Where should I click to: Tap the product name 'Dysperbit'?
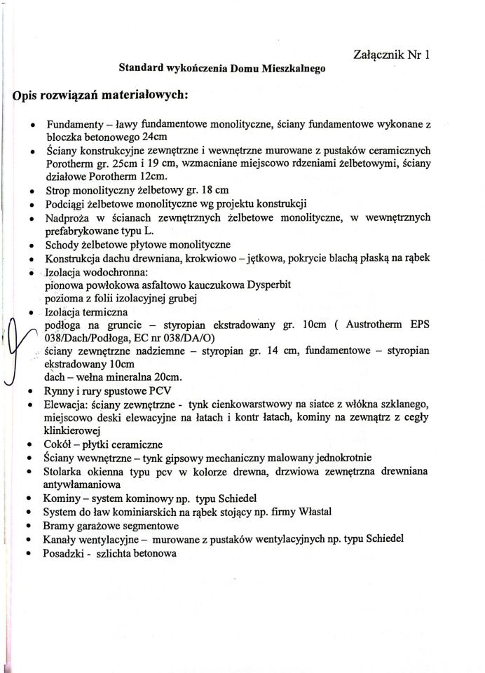(x=250, y=285)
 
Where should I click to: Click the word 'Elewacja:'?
(x=68, y=405)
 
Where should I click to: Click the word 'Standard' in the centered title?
(x=139, y=69)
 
